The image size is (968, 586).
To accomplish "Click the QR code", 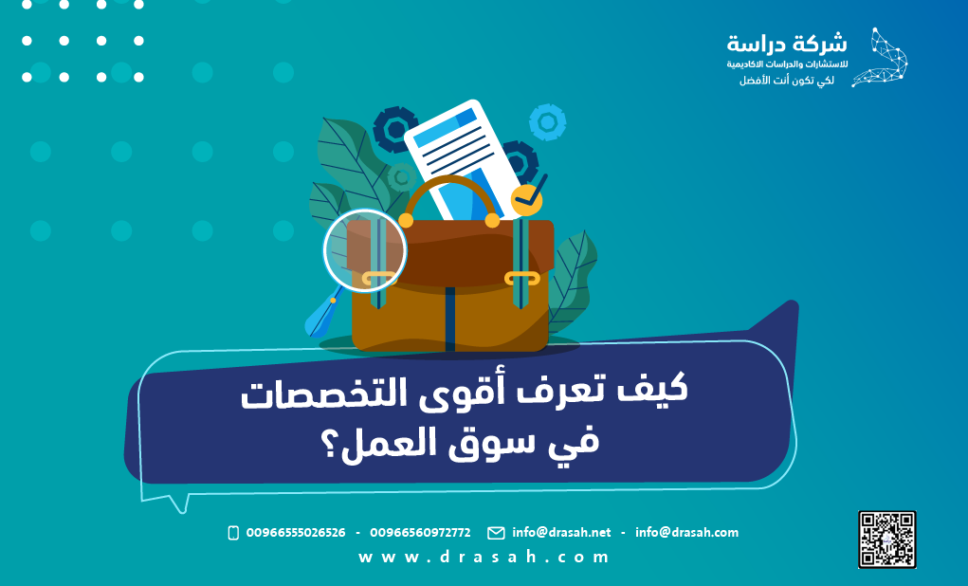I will tap(887, 539).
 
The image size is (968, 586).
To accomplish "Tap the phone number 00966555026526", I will tap(295, 533).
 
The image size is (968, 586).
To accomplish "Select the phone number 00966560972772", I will tap(420, 533).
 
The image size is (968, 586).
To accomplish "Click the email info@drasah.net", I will tap(561, 533).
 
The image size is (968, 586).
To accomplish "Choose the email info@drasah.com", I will tap(686, 533).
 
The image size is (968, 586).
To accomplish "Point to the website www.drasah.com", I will tap(484, 558).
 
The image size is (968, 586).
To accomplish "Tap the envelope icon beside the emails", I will tap(496, 533).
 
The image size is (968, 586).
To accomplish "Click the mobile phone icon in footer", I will tap(233, 533).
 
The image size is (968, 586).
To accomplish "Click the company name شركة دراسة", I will tap(787, 44).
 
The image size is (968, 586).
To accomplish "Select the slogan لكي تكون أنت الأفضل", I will tap(787, 81).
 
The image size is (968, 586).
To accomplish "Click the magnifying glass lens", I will tap(364, 249).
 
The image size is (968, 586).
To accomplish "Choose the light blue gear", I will tap(547, 121).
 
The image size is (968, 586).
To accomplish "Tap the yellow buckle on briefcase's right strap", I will tap(521, 279).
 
